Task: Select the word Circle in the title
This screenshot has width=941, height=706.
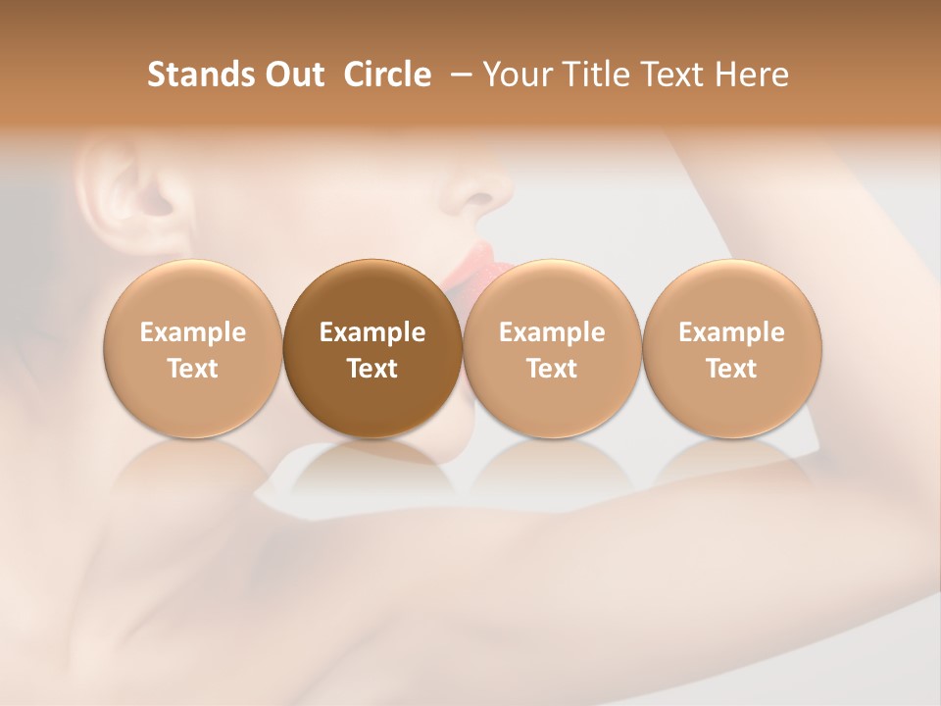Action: click(387, 75)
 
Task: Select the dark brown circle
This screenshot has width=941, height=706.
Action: click(372, 348)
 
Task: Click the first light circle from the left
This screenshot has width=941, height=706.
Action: click(192, 348)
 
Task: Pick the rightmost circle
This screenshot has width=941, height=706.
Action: click(731, 348)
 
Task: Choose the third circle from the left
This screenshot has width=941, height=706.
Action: click(552, 348)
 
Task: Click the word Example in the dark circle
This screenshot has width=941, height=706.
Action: click(372, 332)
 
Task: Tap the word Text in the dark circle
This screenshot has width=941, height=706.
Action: click(372, 369)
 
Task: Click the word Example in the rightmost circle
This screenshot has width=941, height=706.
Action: click(731, 332)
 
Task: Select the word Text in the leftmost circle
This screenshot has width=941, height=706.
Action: click(192, 369)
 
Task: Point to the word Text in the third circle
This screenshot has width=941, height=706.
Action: click(552, 369)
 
